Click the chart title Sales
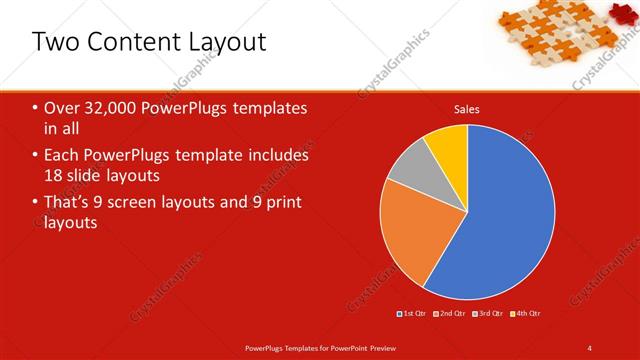click(466, 108)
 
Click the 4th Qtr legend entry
click(527, 314)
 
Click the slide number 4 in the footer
click(590, 347)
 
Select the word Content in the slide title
click(132, 42)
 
